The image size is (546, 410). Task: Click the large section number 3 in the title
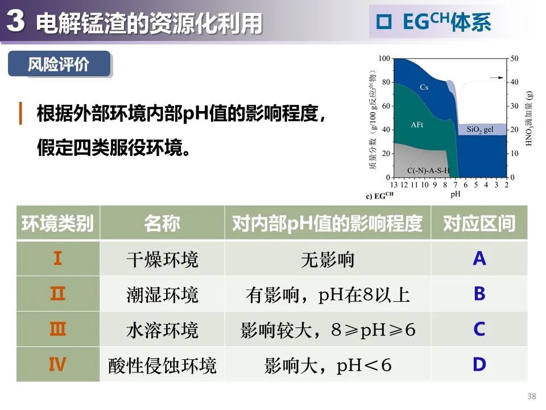tap(16, 20)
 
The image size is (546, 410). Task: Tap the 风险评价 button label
tap(59, 64)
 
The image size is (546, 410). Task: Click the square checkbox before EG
tap(384, 22)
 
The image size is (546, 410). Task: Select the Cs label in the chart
tap(424, 87)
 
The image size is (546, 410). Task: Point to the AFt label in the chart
tap(417, 125)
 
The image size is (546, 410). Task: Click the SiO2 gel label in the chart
tap(480, 130)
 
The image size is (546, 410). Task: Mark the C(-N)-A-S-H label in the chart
tap(428, 170)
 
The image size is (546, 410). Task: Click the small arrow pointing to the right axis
tap(497, 78)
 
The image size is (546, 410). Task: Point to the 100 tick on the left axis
tap(384, 59)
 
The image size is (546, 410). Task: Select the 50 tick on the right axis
tap(514, 59)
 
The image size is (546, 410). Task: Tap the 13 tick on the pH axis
tap(394, 184)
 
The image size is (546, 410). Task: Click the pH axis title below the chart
tap(456, 194)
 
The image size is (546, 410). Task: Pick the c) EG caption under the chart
tap(379, 195)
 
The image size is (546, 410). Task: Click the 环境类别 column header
tap(58, 223)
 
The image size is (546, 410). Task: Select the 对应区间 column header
tap(479, 223)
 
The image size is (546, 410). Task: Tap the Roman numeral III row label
tap(58, 329)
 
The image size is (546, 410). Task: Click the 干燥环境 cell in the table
tap(162, 260)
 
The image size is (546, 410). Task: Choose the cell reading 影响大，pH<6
tap(328, 366)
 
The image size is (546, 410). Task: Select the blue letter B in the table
tap(479, 294)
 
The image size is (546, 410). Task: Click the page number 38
tap(532, 396)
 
